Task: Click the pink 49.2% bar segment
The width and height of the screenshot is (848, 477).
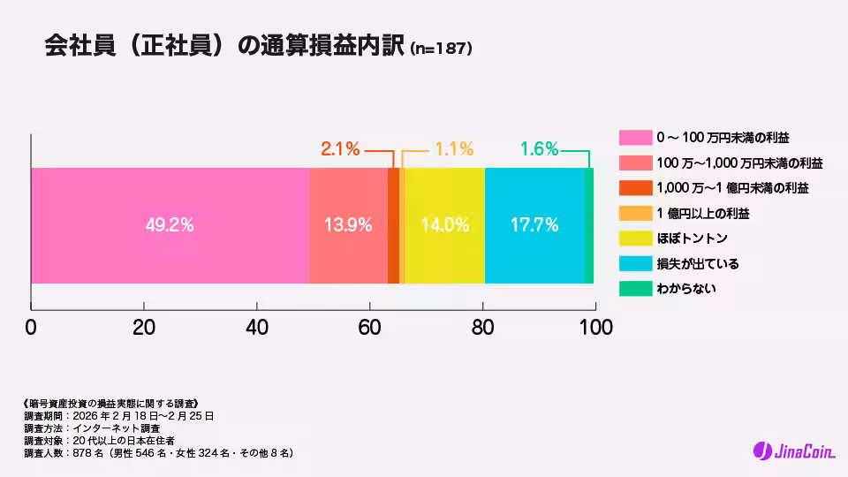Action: click(x=170, y=225)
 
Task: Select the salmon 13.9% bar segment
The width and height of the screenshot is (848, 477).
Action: click(x=348, y=225)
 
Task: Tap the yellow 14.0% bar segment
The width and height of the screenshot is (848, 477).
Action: click(x=444, y=225)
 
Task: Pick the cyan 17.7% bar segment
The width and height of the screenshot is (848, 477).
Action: click(x=534, y=225)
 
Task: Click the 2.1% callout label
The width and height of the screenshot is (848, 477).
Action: click(x=340, y=149)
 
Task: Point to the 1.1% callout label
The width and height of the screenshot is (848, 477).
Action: click(x=454, y=149)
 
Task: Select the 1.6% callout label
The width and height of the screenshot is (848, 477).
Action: click(x=539, y=149)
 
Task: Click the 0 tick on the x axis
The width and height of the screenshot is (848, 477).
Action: click(x=31, y=326)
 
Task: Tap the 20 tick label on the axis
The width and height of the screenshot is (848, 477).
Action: click(x=144, y=326)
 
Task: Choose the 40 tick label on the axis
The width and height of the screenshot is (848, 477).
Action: click(x=257, y=326)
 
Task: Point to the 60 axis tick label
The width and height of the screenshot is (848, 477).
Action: click(x=369, y=326)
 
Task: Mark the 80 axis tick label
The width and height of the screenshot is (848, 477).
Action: click(x=482, y=326)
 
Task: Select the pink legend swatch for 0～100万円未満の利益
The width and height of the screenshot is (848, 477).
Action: click(x=634, y=138)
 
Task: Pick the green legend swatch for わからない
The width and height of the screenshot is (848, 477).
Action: click(x=634, y=289)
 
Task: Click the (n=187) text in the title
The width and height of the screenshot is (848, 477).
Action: click(x=442, y=49)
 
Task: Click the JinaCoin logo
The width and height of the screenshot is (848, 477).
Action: click(x=791, y=451)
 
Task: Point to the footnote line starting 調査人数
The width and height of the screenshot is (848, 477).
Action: click(x=159, y=453)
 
